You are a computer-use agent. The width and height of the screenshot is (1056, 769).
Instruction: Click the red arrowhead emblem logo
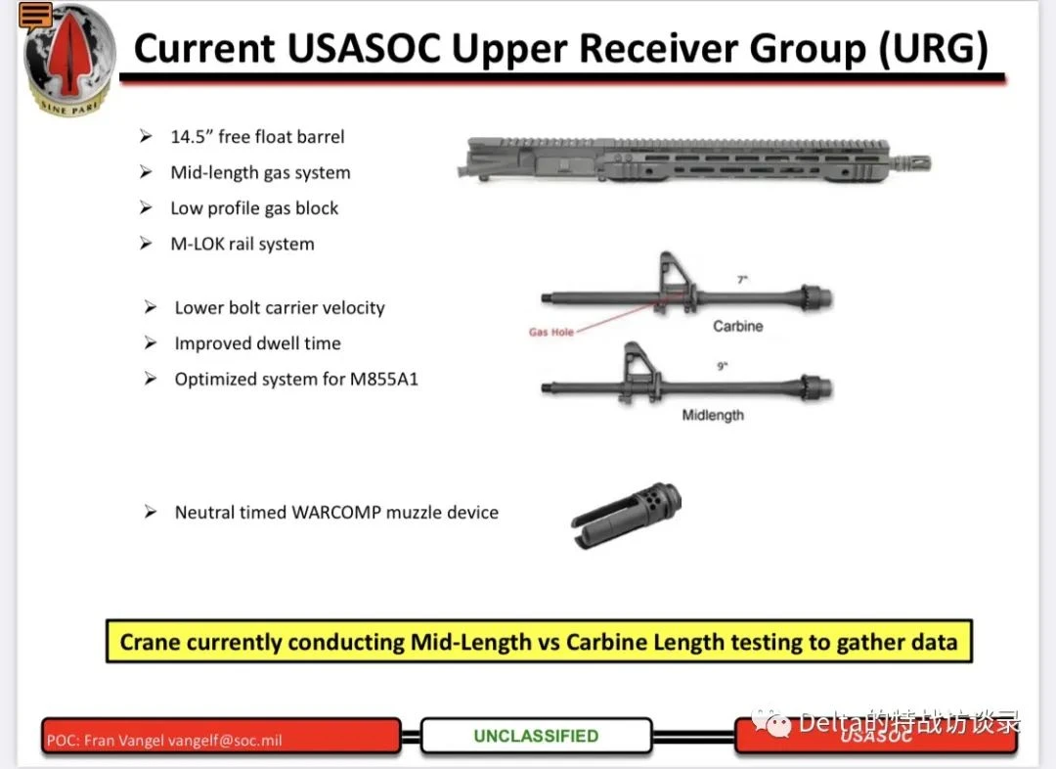pos(68,60)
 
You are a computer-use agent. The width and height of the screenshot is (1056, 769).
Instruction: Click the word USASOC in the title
pos(364,49)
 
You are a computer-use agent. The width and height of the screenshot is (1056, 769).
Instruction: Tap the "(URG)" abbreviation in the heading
pos(934,50)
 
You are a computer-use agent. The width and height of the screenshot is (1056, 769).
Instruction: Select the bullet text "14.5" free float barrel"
pos(257,137)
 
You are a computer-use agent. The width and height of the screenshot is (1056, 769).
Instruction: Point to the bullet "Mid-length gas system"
pos(260,172)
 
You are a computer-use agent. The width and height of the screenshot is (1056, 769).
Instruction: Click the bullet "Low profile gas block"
pos(254,208)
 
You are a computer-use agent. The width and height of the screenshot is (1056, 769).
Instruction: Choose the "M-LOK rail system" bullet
pos(242,244)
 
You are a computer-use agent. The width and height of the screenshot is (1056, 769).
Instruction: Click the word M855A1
pos(384,379)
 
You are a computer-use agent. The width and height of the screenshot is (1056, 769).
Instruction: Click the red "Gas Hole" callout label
pos(550,332)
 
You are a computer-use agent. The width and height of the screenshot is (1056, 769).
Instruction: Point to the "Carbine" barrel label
pos(738,326)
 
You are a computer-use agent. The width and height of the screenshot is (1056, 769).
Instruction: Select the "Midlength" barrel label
pos(713,415)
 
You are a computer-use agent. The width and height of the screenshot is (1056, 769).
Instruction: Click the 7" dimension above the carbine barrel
pos(742,279)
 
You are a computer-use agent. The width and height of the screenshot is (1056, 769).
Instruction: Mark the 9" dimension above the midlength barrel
pos(722,366)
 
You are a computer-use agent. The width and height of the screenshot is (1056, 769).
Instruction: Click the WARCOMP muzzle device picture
pos(626,515)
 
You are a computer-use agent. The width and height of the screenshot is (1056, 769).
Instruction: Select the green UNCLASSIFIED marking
pos(536,736)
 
